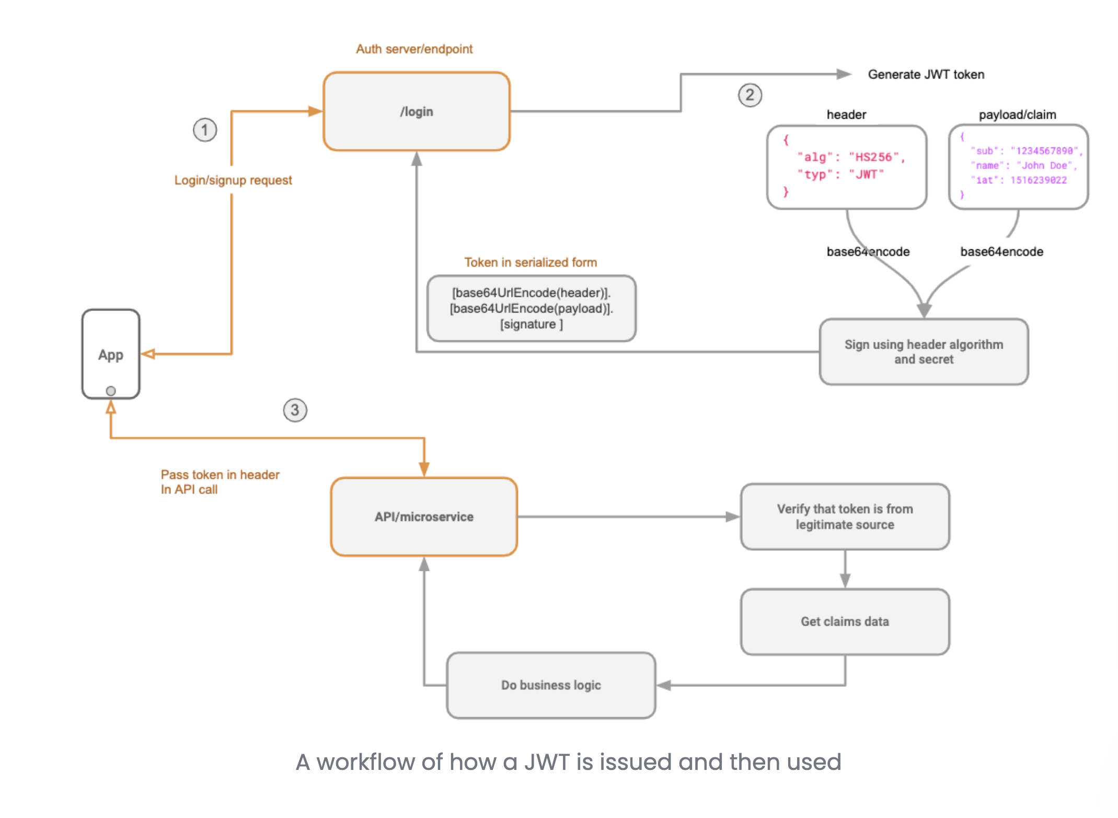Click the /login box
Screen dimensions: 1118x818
tap(417, 111)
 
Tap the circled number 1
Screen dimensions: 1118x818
tap(205, 130)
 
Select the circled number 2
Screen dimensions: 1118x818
tap(750, 95)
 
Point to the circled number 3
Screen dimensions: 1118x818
tap(295, 410)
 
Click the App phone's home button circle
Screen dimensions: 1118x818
tap(111, 390)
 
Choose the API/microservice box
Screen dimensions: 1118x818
tap(424, 516)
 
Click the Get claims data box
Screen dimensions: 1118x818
tap(845, 621)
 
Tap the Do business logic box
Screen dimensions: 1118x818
tap(551, 685)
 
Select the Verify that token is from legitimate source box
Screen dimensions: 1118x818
tap(845, 516)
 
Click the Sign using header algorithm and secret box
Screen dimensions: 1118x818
tap(924, 352)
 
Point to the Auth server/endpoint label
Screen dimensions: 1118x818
tap(414, 49)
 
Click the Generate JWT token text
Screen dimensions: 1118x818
tap(926, 74)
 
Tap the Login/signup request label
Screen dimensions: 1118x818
tap(233, 180)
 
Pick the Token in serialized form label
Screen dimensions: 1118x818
tap(531, 262)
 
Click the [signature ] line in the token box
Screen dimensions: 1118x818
tap(532, 324)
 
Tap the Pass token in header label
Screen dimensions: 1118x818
tap(220, 475)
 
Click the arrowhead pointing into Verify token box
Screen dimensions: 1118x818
tap(733, 517)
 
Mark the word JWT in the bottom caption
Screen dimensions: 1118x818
tap(547, 762)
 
